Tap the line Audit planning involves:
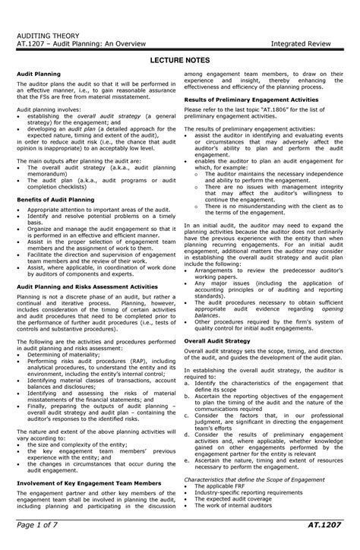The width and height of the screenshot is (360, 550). (46, 111)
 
